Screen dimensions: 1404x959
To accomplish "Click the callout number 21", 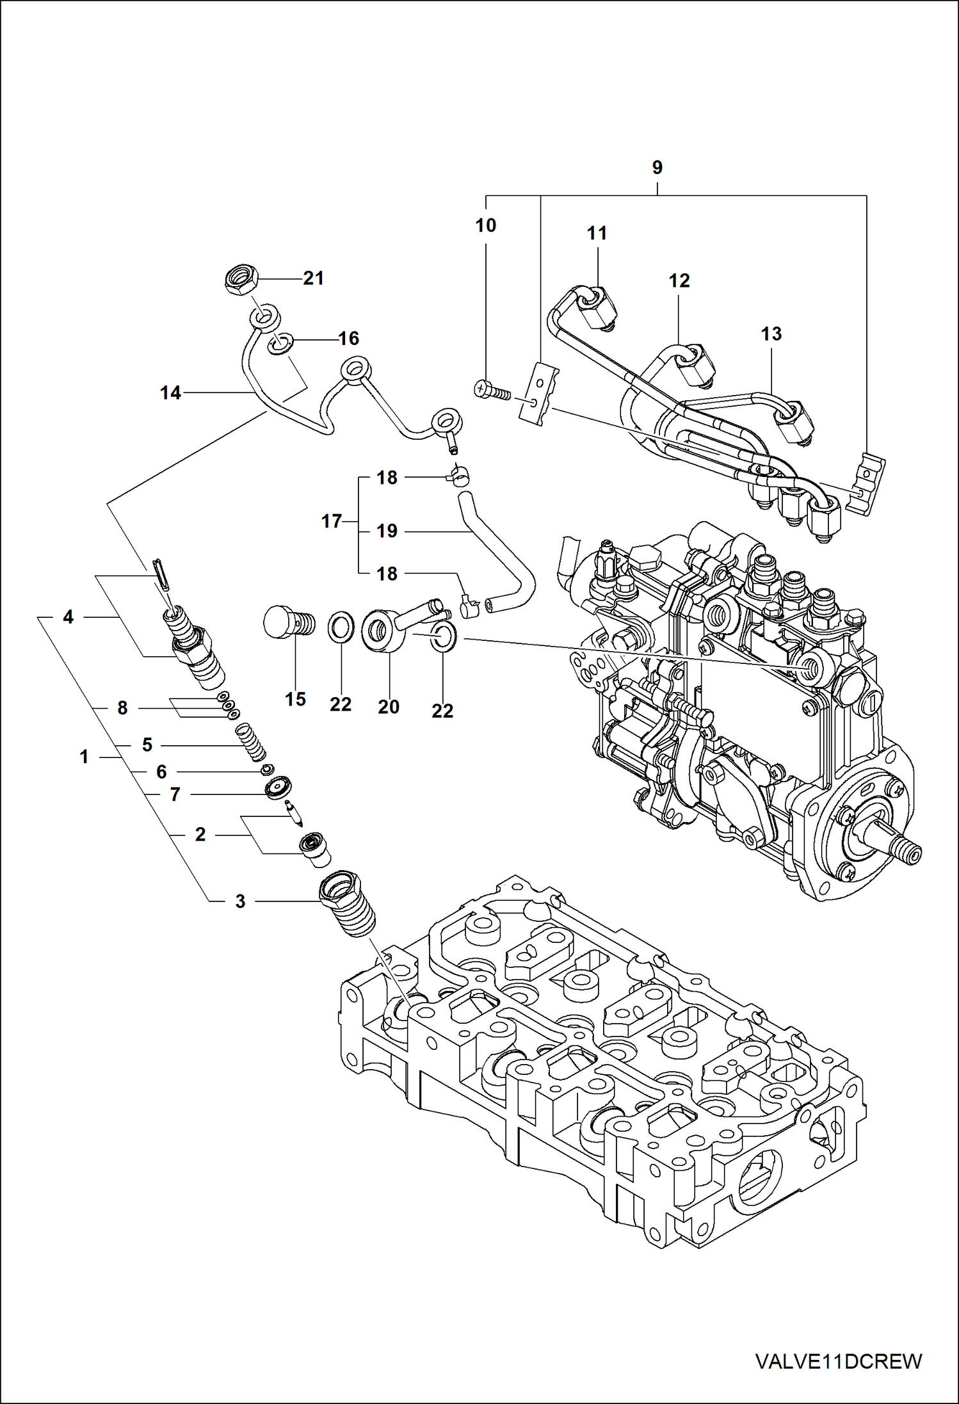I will (313, 278).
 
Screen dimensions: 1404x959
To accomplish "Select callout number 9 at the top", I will (657, 168).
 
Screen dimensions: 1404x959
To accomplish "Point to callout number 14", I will (170, 393).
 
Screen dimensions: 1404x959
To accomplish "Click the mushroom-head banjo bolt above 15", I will (288, 622).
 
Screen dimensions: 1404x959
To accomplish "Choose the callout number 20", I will (388, 707).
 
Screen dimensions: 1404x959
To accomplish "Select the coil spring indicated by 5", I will (251, 742).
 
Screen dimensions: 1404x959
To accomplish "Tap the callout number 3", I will (240, 901).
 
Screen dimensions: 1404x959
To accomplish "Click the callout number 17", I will (331, 521).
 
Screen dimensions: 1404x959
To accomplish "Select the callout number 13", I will (771, 334).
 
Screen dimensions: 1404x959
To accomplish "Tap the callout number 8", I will (122, 708).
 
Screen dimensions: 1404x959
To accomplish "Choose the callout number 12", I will (679, 280).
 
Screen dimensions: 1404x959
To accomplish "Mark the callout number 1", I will (84, 757).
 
